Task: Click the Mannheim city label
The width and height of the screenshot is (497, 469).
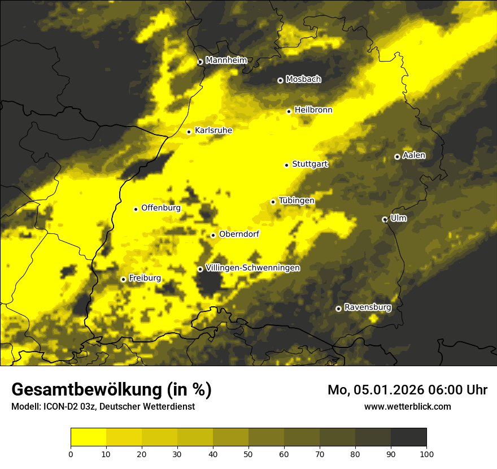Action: [x=226, y=60]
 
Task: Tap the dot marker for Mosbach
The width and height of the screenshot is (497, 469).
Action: [x=280, y=80]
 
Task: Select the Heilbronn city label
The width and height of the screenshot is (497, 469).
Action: [x=313, y=110]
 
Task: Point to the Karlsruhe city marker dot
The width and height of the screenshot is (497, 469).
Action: [x=189, y=132]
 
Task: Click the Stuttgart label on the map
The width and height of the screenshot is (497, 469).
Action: [x=310, y=164]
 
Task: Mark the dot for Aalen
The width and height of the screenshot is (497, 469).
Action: [x=397, y=157]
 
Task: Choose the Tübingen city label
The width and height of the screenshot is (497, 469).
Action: [x=297, y=201]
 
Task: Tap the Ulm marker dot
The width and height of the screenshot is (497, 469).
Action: [x=385, y=219]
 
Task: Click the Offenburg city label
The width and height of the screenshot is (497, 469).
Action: [x=161, y=208]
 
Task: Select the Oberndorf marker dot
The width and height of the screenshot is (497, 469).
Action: [x=213, y=235]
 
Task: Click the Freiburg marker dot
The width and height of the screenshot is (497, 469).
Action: [x=123, y=279]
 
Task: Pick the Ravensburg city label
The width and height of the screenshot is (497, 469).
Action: [x=368, y=307]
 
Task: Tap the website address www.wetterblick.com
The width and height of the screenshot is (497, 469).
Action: [x=408, y=406]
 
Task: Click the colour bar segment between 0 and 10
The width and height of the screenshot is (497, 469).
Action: [x=88, y=437]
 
